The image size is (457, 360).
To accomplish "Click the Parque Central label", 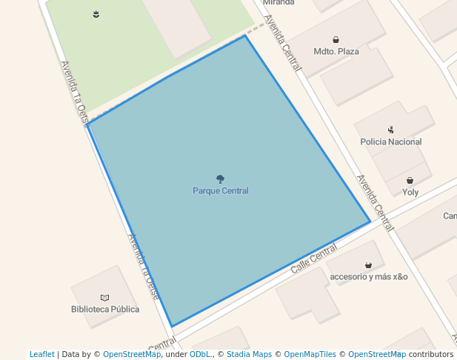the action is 220,190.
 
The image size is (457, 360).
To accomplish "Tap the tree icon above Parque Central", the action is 220,179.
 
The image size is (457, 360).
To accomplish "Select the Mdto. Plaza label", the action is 336,51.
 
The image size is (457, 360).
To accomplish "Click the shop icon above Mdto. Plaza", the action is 336,40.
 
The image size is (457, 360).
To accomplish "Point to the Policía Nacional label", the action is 390,141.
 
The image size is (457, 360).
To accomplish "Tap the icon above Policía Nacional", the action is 390,130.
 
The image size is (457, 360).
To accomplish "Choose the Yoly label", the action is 410,192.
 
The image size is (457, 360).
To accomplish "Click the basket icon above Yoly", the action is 410,180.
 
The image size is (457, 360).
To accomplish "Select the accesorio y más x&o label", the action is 368,276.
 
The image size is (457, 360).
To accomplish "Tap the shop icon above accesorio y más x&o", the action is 368,264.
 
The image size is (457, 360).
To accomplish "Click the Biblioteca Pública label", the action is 104,309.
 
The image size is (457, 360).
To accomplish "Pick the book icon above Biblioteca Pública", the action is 104,297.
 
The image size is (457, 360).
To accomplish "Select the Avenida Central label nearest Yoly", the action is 374,202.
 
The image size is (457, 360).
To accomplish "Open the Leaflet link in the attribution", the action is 41,354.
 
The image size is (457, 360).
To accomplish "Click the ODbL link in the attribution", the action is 200,354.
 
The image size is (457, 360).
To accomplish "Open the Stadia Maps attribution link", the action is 249,354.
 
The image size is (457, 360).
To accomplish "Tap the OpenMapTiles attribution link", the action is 310,354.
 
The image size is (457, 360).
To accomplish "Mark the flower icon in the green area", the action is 96,14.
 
